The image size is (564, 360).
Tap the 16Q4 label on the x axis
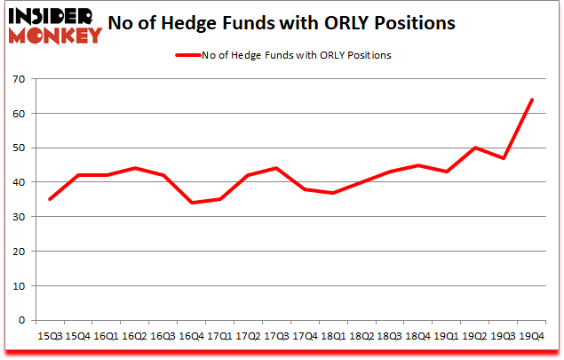click(x=189, y=337)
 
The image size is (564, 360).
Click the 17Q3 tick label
click(x=275, y=337)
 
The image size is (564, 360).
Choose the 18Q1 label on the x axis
click(x=332, y=337)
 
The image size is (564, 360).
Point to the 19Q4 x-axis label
click(x=531, y=337)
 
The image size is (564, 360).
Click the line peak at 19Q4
click(x=531, y=100)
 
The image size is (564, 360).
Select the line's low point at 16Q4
click(x=189, y=203)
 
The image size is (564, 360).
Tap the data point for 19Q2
click(x=474, y=148)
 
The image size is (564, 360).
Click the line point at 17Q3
click(x=275, y=168)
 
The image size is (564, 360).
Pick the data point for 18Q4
click(x=417, y=165)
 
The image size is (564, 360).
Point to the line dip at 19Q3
click(x=503, y=158)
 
